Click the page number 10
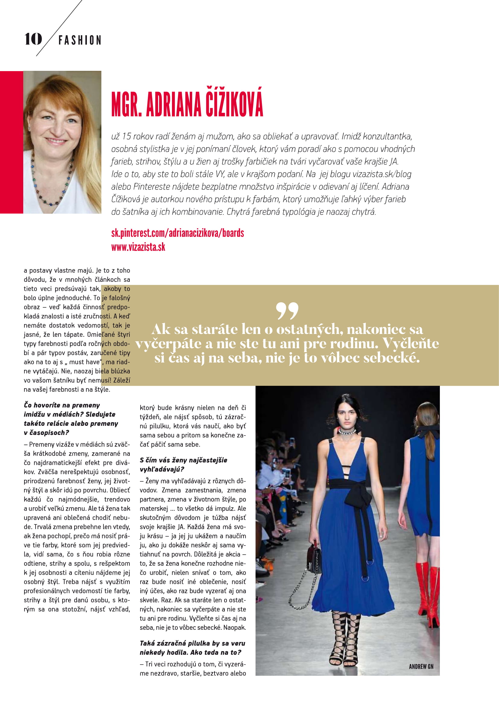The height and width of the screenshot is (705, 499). pyautogui.click(x=33, y=39)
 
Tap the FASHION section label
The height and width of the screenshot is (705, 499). pyautogui.click(x=80, y=40)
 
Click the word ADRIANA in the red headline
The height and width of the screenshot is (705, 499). pyautogui.click(x=173, y=104)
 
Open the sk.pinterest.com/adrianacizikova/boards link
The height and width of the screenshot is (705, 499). pyautogui.click(x=178, y=233)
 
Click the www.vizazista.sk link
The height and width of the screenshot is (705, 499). pyautogui.click(x=138, y=247)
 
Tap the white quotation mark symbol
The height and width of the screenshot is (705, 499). pyautogui.click(x=287, y=310)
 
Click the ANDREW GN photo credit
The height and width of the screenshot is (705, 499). pyautogui.click(x=421, y=667)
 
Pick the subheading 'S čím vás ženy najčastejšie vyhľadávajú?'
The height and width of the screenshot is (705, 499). pyautogui.click(x=183, y=464)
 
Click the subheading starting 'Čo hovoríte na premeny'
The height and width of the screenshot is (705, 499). pyautogui.click(x=71, y=419)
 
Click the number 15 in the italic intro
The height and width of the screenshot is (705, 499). pyautogui.click(x=126, y=136)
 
